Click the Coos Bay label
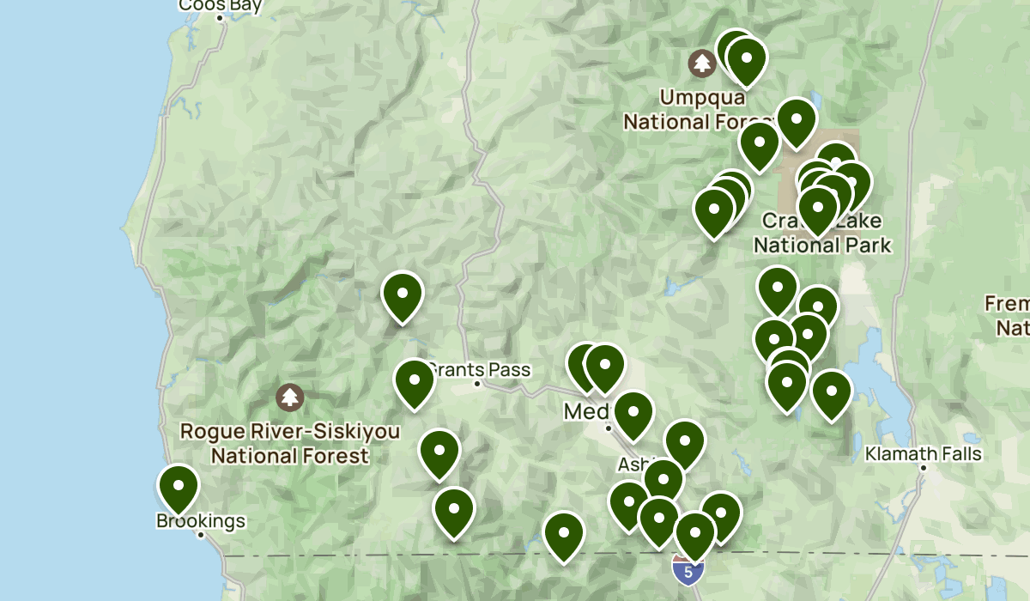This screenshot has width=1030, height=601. tap(220, 6)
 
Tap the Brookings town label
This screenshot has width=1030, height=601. tap(201, 520)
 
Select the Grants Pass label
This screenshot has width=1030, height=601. tap(480, 370)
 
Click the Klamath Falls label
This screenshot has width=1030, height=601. tap(924, 453)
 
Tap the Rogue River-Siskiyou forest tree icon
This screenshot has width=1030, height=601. tap(290, 397)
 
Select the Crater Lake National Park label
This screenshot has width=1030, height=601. tap(822, 234)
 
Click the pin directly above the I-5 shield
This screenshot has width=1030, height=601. tap(694, 533)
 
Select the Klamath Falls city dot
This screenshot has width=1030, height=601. tap(924, 468)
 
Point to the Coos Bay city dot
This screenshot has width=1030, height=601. tap(220, 17)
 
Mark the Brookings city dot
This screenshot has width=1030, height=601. tap(201, 534)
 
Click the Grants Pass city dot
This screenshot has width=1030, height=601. tap(478, 383)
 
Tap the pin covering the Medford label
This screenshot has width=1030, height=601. tap(633, 413)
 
